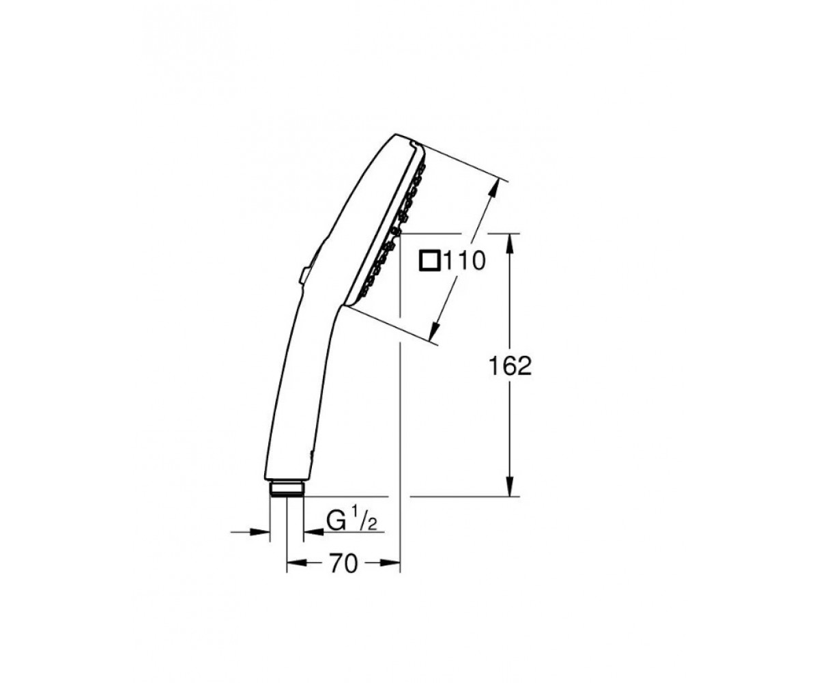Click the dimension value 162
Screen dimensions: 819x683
pyautogui.click(x=510, y=366)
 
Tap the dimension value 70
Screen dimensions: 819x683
pyautogui.click(x=343, y=564)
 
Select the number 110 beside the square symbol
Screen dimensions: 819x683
pyautogui.click(x=464, y=261)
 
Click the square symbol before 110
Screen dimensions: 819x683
pyautogui.click(x=430, y=260)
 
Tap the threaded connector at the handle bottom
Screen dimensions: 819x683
pyautogui.click(x=287, y=489)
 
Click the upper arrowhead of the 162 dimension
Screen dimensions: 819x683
pyautogui.click(x=510, y=244)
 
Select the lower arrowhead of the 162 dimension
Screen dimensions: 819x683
pyautogui.click(x=510, y=487)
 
